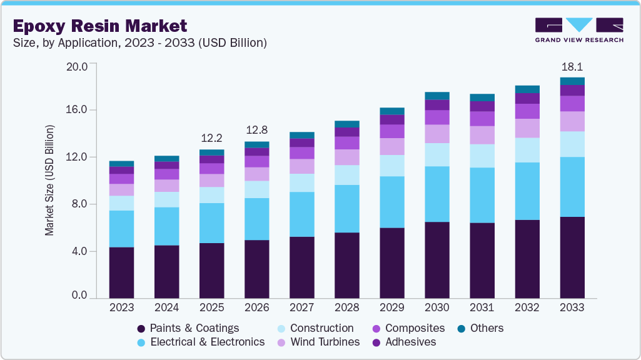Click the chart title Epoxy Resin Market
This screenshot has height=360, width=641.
click(x=100, y=26)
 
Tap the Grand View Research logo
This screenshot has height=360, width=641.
click(x=579, y=30)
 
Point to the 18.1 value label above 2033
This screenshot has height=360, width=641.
click(x=572, y=66)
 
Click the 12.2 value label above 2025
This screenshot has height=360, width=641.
click(x=211, y=138)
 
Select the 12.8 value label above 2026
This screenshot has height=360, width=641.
click(x=256, y=130)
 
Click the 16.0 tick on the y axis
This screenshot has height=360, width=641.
click(x=78, y=110)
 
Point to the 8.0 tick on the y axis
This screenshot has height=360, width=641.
click(x=81, y=204)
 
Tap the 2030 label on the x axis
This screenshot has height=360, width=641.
click(x=437, y=307)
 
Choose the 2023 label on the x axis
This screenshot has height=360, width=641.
click(x=121, y=307)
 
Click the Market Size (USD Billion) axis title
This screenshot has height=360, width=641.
click(x=49, y=181)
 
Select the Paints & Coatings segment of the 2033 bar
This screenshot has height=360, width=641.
click(x=572, y=257)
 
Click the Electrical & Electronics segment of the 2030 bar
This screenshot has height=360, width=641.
click(x=437, y=194)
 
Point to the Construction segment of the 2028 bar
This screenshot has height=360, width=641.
click(x=346, y=175)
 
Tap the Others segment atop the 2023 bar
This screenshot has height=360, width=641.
click(x=121, y=164)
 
